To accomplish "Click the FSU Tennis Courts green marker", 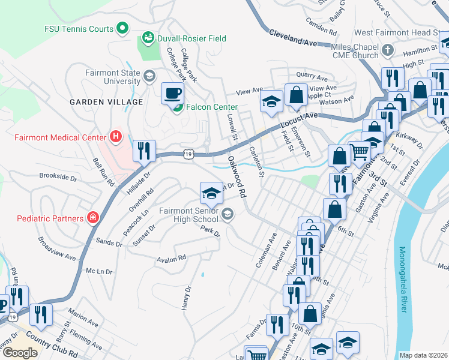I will [122, 28].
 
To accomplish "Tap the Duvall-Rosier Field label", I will [191, 38].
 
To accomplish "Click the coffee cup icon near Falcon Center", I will [173, 93].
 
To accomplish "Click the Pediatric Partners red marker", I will [93, 217].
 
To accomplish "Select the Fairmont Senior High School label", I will [188, 215].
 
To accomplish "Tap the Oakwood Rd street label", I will [237, 178].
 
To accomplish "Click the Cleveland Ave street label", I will [292, 40].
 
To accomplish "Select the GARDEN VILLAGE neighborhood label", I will [106, 102].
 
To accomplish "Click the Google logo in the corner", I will [20, 352].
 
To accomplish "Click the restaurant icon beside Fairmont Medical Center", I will [144, 151].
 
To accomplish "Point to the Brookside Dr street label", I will [58, 178].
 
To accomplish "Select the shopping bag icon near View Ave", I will [296, 95].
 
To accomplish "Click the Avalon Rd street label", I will [171, 259].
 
